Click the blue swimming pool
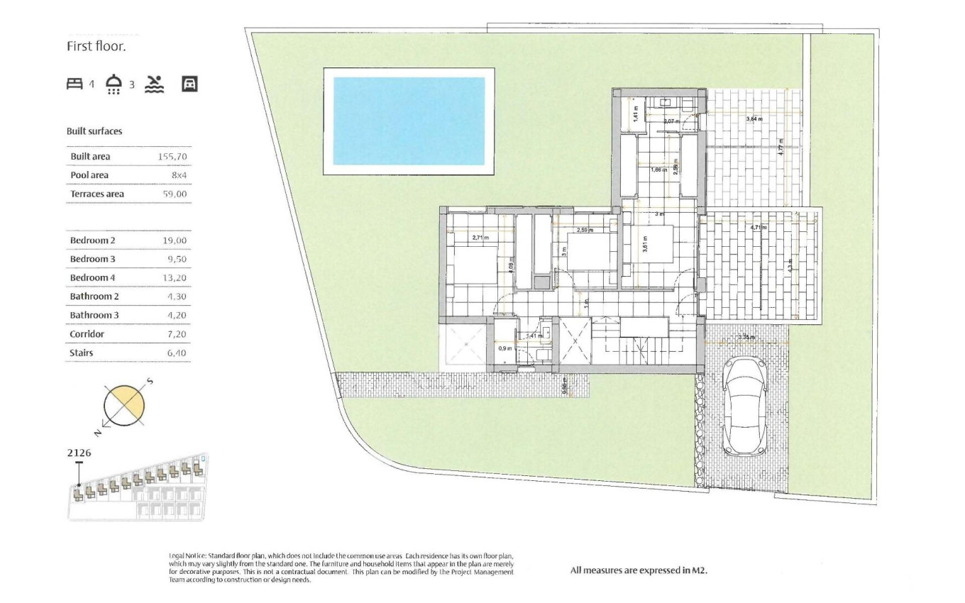tap(409, 121)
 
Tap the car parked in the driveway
tap(743, 406)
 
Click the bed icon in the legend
tap(75, 84)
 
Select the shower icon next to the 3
tap(114, 84)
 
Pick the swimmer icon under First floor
tap(154, 84)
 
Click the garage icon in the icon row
tap(189, 84)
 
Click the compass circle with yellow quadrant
tap(124, 406)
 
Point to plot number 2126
tap(79, 453)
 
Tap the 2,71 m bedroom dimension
tap(480, 238)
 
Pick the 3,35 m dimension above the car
tap(746, 337)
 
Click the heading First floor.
tap(96, 47)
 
